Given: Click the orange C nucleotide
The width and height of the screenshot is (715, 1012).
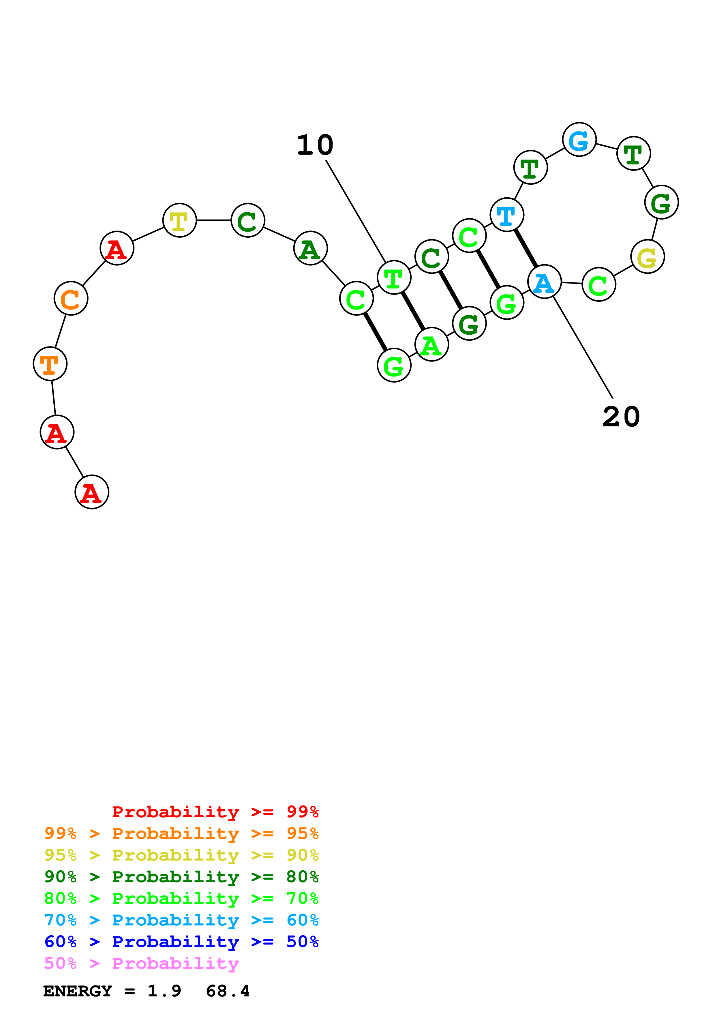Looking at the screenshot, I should click(x=71, y=298).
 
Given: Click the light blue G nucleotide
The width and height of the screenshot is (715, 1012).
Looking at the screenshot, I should click(x=579, y=140).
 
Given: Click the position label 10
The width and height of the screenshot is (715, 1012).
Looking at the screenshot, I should click(x=315, y=145).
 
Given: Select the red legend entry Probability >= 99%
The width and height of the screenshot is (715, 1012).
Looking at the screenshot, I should click(x=215, y=812).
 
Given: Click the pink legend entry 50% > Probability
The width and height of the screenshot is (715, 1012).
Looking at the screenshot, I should click(x=141, y=964).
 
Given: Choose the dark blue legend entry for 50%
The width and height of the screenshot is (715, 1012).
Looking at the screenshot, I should click(x=181, y=942).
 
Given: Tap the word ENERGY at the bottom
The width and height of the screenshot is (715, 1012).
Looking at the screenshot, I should click(x=78, y=991).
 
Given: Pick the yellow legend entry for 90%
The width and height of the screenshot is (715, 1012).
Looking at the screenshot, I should click(x=181, y=855).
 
